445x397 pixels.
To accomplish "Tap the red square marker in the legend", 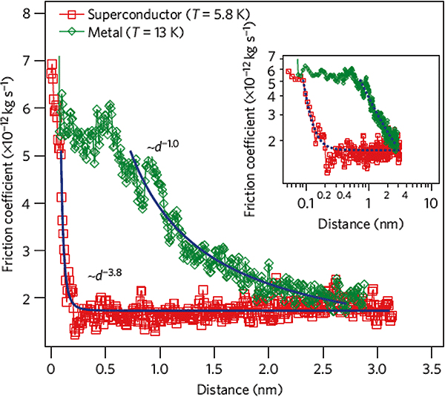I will (73, 15).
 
